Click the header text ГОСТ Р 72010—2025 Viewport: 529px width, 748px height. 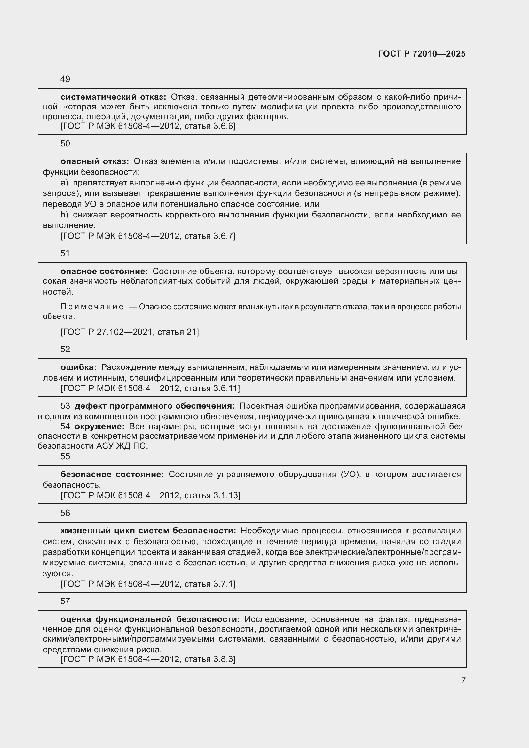(x=422, y=54)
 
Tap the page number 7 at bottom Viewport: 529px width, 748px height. (x=463, y=680)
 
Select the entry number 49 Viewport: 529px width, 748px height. (x=65, y=79)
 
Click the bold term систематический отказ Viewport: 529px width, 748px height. (x=113, y=97)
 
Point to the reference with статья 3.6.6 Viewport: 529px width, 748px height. (x=148, y=126)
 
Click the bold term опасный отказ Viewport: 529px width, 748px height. (x=95, y=161)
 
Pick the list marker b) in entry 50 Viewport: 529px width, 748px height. (x=65, y=215)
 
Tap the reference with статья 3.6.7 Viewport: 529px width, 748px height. (x=148, y=236)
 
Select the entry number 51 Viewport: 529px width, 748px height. (x=65, y=253)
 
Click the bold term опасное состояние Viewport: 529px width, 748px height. (x=104, y=272)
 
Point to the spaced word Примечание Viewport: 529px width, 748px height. (x=92, y=307)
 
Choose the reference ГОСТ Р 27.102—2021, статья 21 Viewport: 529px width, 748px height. (x=130, y=332)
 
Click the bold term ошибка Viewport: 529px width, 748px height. (x=78, y=367)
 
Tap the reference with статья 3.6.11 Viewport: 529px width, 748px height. (x=150, y=388)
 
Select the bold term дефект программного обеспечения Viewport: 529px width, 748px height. (x=155, y=406)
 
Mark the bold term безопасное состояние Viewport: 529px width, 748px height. (x=112, y=475)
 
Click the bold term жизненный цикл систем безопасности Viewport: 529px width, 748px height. (x=148, y=531)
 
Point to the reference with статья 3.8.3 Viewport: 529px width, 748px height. (x=148, y=659)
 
